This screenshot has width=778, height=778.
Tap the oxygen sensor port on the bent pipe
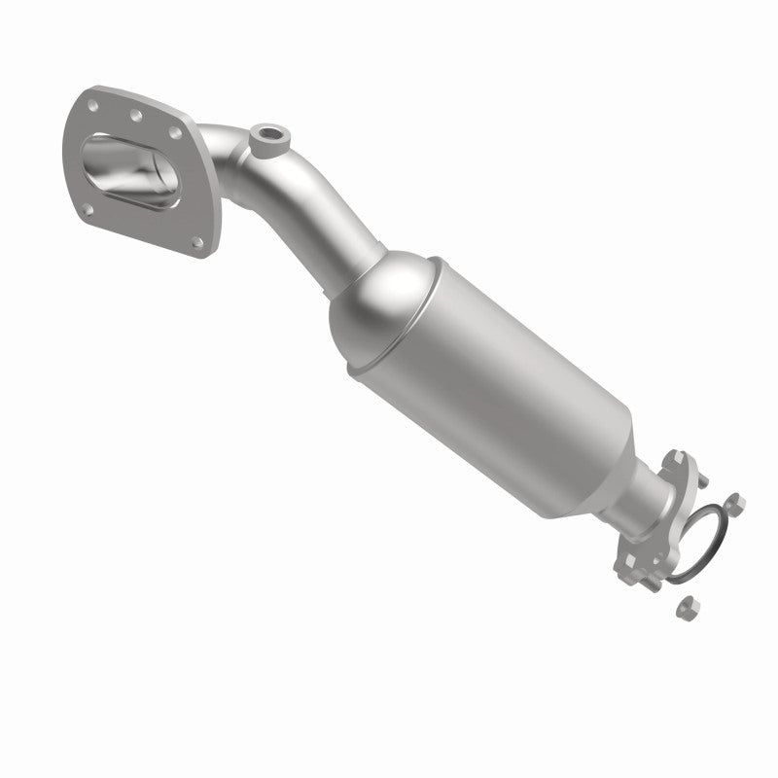point(265,132)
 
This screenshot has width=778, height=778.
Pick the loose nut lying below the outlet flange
point(688,608)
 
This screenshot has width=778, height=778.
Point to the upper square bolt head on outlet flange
point(678,457)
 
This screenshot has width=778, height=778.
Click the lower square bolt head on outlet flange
point(630,561)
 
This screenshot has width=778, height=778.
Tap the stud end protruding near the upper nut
point(703,481)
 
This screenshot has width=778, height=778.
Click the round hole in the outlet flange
point(657,559)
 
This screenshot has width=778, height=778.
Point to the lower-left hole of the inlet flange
point(88,210)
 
